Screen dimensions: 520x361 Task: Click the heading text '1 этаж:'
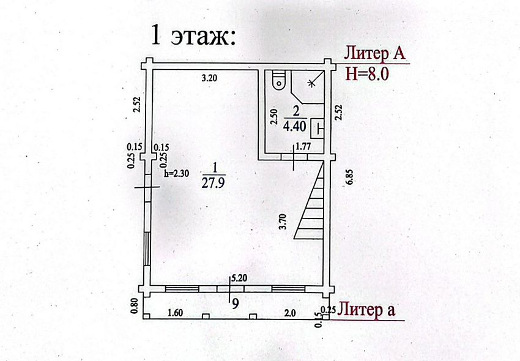pyautogui.click(x=193, y=35)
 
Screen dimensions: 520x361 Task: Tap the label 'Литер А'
pyautogui.click(x=375, y=53)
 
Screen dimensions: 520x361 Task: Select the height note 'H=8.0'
pyautogui.click(x=367, y=73)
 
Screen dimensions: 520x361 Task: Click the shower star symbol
pyautogui.click(x=311, y=83)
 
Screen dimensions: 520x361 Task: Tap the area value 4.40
pyautogui.click(x=295, y=127)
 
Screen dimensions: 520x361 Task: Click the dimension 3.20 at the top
pyautogui.click(x=209, y=78)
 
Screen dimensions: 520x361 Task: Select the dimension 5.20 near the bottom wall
pyautogui.click(x=239, y=278)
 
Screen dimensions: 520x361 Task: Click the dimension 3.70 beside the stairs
pyautogui.click(x=283, y=221)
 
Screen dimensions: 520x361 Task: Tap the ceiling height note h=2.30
pyautogui.click(x=176, y=173)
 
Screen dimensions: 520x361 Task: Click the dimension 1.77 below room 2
pyautogui.click(x=302, y=146)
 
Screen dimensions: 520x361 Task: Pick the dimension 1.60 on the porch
pyautogui.click(x=175, y=313)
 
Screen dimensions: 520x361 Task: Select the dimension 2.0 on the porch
pyautogui.click(x=289, y=313)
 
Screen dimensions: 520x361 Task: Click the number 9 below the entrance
pyautogui.click(x=235, y=303)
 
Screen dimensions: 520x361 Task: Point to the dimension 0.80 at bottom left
pyautogui.click(x=134, y=306)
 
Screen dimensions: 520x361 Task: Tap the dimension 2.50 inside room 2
pyautogui.click(x=274, y=117)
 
